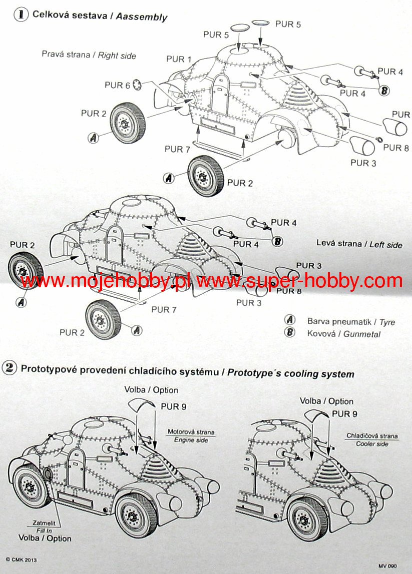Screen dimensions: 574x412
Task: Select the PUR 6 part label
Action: pyautogui.click(x=117, y=86)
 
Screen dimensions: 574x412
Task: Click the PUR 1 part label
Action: pyautogui.click(x=179, y=59)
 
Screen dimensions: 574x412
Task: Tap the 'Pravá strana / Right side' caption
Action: pyautogui.click(x=89, y=55)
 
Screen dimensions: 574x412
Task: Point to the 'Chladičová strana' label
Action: pyautogui.click(x=372, y=436)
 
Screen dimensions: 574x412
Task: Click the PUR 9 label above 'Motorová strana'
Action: pyautogui.click(x=174, y=406)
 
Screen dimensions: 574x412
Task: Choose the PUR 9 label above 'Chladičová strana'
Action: pyautogui.click(x=344, y=414)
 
